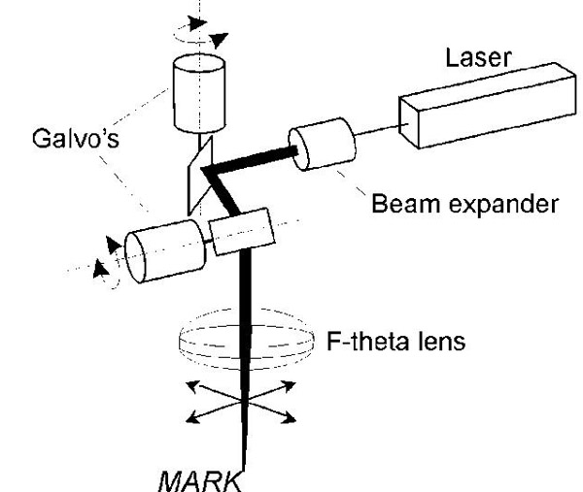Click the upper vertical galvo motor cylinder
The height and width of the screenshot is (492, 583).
pos(197,94)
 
